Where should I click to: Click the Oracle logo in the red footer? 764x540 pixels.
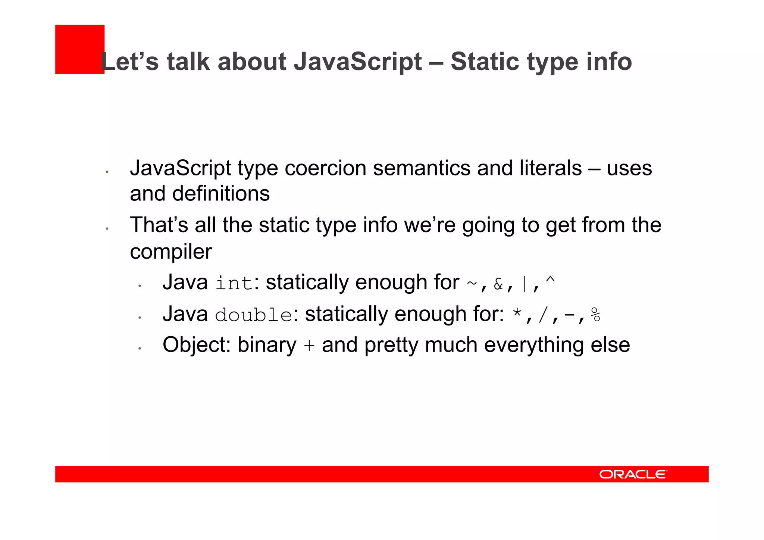633,474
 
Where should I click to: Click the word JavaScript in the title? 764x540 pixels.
358,62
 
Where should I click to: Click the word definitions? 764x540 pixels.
221,194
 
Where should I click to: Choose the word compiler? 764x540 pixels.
170,252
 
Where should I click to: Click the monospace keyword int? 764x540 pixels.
234,283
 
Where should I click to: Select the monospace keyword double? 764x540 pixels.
254,315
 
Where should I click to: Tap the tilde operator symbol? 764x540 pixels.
472,284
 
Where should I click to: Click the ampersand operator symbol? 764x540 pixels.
498,284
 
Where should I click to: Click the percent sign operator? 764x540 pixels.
596,315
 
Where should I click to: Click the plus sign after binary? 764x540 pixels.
309,346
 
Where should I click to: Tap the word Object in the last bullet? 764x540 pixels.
196,345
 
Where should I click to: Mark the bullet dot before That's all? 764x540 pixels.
107,228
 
